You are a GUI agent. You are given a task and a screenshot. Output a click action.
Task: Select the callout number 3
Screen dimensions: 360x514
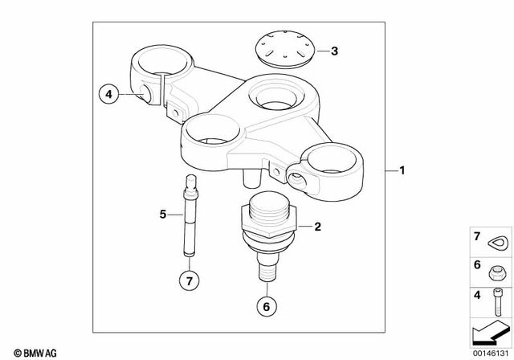(x=335, y=51)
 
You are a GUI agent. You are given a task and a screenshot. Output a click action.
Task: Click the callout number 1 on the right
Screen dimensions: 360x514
(x=403, y=170)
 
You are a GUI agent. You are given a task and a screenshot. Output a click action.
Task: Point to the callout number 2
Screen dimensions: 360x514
(x=317, y=227)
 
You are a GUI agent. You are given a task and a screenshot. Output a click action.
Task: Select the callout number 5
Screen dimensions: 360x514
(x=162, y=215)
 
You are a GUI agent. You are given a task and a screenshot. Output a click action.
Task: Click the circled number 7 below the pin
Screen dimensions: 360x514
(x=190, y=282)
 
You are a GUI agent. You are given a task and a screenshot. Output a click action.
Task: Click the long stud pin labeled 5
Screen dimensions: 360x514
(x=190, y=217)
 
